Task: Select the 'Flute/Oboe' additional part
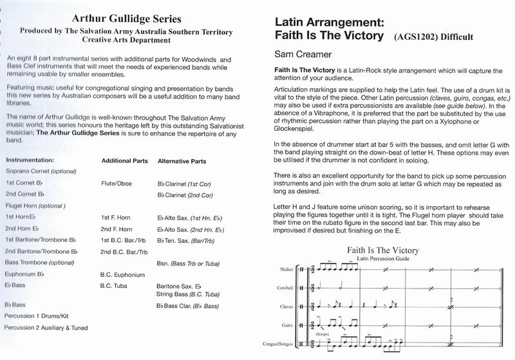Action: (x=117, y=184)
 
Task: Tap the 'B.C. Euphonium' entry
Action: (x=124, y=274)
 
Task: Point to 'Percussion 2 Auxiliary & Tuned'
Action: (x=46, y=328)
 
